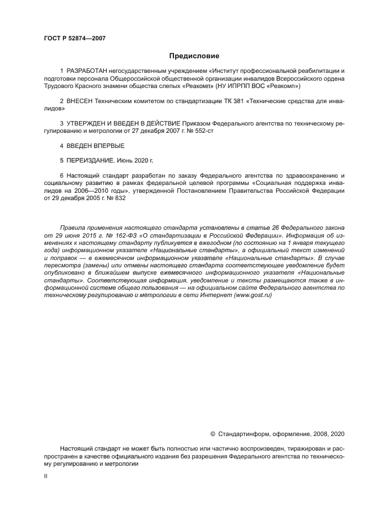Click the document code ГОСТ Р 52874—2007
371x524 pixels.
coord(75,38)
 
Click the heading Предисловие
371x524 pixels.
coord(194,56)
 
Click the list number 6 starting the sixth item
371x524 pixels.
coord(62,175)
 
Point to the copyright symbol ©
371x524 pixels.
coord(212,434)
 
